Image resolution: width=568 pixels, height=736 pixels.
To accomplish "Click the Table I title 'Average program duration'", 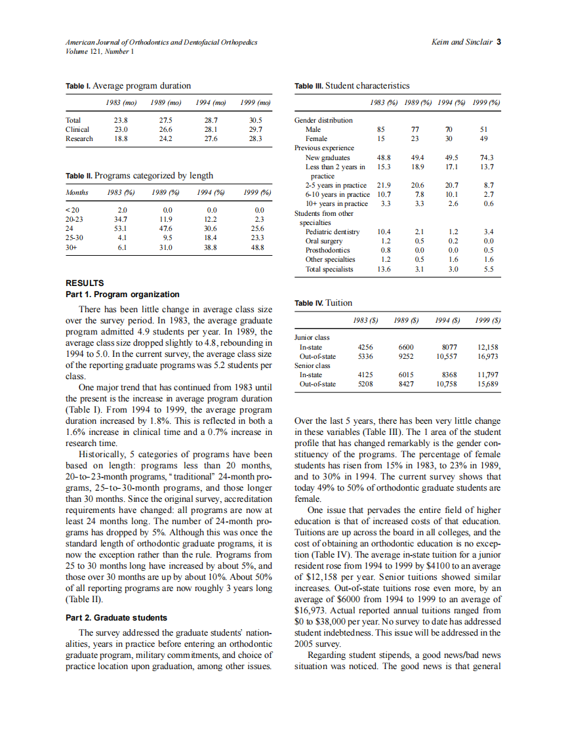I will coord(142,86).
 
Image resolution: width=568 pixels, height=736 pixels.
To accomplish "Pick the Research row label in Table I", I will coord(79,138).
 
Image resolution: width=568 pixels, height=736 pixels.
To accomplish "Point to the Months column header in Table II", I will coord(77,192).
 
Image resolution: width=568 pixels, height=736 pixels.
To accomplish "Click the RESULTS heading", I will coord(85,283).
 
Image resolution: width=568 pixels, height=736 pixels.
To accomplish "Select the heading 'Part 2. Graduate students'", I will coord(117,617).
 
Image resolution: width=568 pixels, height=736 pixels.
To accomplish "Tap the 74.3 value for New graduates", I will coord(487,157).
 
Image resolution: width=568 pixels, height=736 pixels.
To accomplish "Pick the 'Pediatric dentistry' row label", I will coord(333,232).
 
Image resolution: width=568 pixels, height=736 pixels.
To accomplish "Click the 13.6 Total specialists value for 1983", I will coord(384,269).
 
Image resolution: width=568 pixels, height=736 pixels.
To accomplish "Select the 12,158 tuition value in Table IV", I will coord(487,347).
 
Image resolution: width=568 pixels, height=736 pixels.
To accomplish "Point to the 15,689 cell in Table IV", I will coord(487,384).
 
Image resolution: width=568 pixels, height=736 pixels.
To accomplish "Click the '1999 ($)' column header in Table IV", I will coord(487,321).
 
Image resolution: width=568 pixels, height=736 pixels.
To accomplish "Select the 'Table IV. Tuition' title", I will coord(323,303).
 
